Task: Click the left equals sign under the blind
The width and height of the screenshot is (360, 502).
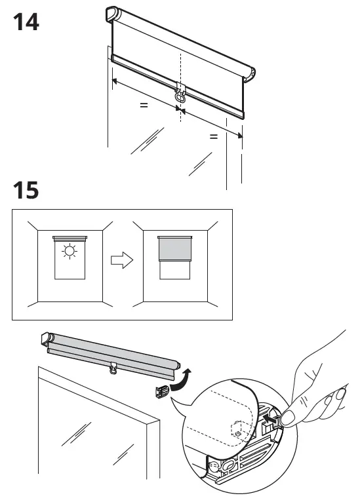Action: pos(143,104)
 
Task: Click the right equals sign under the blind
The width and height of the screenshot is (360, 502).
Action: pos(213,137)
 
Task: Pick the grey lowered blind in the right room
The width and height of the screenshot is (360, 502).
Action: pos(174,250)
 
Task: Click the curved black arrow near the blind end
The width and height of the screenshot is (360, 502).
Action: pos(187,378)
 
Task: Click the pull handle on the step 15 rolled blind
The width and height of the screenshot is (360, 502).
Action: pos(115,370)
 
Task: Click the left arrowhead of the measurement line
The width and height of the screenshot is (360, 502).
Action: pos(114,82)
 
